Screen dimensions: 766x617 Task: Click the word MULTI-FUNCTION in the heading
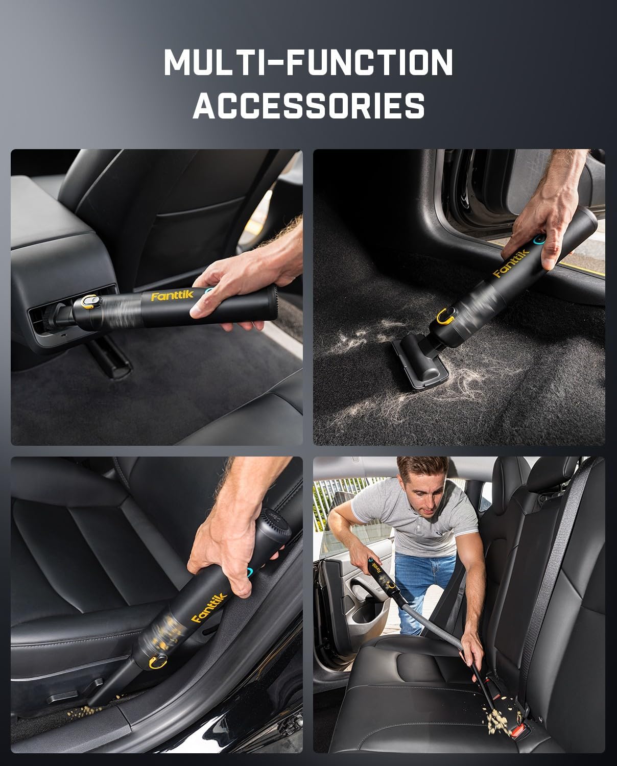coord(308,62)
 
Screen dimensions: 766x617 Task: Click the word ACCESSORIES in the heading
coord(308,106)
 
